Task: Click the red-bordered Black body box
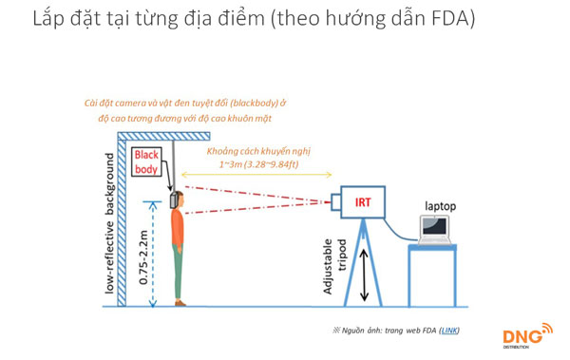[147, 161]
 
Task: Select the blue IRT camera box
[363, 201]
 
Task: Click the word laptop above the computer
[441, 205]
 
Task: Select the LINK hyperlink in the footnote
[449, 329]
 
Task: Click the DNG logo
[525, 336]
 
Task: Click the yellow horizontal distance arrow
[256, 176]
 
